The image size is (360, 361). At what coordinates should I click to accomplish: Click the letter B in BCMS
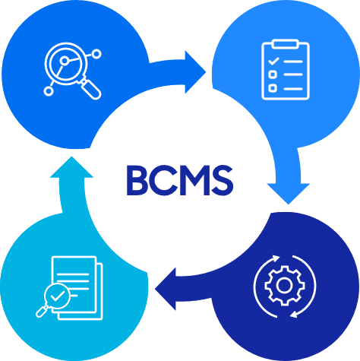[x=137, y=180]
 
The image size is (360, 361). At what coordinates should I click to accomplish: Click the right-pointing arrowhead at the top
[x=194, y=72]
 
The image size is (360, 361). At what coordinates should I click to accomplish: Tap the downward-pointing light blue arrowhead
[x=289, y=193]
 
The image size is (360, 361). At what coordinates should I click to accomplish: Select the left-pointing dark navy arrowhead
[x=166, y=289]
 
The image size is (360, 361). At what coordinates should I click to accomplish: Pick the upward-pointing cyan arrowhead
[x=71, y=167]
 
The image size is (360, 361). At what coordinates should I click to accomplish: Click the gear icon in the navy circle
[x=285, y=286]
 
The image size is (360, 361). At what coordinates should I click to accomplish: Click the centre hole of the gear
[x=285, y=286]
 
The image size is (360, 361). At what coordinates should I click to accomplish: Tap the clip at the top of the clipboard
[x=286, y=43]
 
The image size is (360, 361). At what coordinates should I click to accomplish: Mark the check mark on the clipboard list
[x=273, y=61]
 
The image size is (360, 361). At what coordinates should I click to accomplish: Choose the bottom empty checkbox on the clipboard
[x=273, y=88]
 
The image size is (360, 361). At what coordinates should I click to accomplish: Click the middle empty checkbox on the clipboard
[x=273, y=74]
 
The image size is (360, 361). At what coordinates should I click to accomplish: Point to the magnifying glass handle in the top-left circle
[x=90, y=87]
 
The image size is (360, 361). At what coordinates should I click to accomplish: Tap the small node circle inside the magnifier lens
[x=65, y=61]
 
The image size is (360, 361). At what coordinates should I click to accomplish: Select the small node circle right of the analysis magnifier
[x=96, y=54]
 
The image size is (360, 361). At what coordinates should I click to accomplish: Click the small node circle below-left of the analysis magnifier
[x=49, y=91]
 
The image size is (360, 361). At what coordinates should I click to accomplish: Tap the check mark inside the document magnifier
[x=57, y=296]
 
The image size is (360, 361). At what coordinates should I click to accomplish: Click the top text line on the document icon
[x=73, y=274]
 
